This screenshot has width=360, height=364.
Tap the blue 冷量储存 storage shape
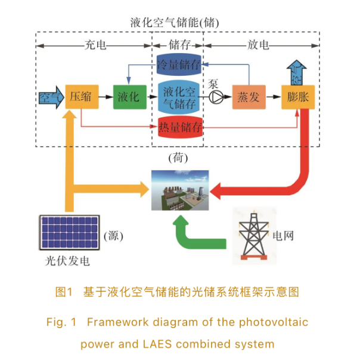click(178, 64)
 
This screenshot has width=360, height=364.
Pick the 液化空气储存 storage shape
click(178, 97)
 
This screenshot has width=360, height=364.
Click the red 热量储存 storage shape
click(179, 127)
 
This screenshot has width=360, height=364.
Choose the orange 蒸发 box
click(247, 97)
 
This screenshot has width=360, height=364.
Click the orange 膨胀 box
click(297, 97)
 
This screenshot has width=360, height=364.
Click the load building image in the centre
click(178, 190)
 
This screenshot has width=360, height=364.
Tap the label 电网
click(285, 236)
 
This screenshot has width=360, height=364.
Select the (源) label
click(113, 236)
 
